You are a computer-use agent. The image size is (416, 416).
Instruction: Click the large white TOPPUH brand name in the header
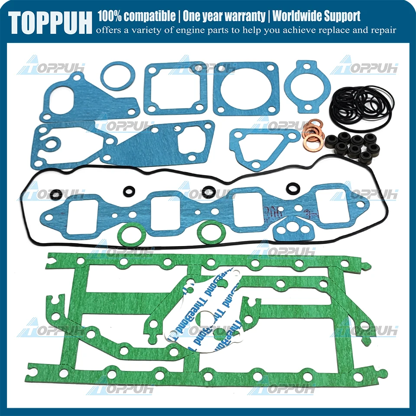50,22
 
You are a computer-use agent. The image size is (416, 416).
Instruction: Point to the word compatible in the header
149,16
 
